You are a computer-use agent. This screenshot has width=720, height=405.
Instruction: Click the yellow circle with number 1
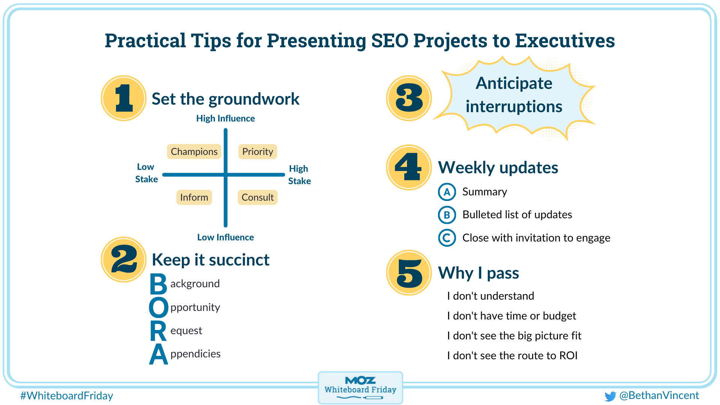(x=123, y=98)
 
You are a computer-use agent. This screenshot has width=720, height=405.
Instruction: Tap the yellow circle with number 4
(x=409, y=167)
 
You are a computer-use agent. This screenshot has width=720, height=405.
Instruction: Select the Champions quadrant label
(x=194, y=151)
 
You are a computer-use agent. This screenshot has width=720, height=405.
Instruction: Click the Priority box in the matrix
(x=258, y=151)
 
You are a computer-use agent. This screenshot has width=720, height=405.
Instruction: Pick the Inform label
(x=194, y=197)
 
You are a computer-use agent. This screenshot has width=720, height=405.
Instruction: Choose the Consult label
(x=258, y=197)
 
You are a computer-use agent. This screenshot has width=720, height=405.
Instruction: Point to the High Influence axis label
(x=225, y=118)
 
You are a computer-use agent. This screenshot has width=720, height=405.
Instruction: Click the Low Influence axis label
(x=225, y=237)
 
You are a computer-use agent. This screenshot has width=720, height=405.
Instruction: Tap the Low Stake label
(x=146, y=173)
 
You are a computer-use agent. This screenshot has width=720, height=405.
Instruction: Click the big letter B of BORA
(x=158, y=284)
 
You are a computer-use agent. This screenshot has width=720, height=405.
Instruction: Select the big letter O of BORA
(x=158, y=307)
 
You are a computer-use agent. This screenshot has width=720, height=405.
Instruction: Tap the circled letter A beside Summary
(x=447, y=192)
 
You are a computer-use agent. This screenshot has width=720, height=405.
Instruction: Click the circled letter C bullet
(x=447, y=238)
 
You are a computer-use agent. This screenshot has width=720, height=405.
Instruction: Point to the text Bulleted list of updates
(x=517, y=214)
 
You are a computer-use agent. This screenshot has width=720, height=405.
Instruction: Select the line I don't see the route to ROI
(x=512, y=355)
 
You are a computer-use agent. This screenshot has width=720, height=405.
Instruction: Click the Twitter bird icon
(x=610, y=396)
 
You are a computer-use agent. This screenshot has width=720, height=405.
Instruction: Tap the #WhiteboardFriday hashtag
(x=67, y=396)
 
